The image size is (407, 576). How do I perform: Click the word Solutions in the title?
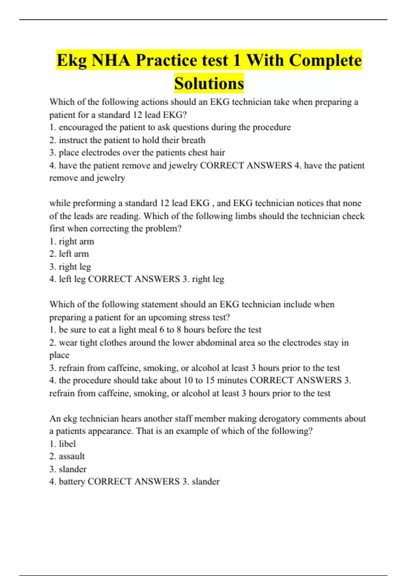(x=209, y=83)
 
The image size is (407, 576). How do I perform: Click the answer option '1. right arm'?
(x=72, y=242)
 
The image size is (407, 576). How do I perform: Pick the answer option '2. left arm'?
(x=69, y=254)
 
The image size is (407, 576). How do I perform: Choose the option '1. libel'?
(x=62, y=444)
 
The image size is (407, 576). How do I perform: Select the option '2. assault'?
(x=67, y=456)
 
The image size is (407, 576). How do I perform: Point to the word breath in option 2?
(x=193, y=140)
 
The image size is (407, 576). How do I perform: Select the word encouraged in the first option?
(x=80, y=127)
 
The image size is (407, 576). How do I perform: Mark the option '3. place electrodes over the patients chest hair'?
(x=137, y=152)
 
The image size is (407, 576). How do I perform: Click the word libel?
(x=67, y=444)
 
